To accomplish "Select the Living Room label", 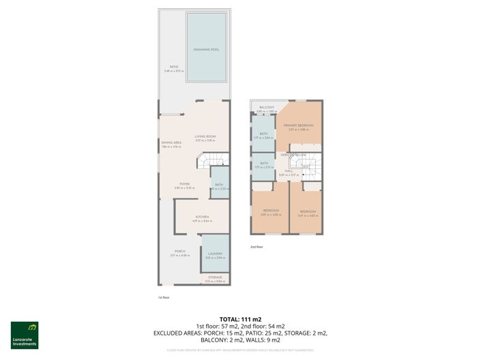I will [x=205, y=136].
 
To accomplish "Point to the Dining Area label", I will [x=171, y=142].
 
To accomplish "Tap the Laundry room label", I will [x=215, y=254].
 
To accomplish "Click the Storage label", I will [x=215, y=277].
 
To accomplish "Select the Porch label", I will [x=180, y=251].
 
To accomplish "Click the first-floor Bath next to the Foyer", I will [x=219, y=185].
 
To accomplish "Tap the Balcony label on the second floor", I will [x=267, y=107].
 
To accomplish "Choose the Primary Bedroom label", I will [x=299, y=125].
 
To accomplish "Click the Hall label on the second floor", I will [x=289, y=171].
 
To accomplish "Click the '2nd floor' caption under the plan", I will [x=257, y=247].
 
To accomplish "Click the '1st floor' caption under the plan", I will [x=164, y=297].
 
